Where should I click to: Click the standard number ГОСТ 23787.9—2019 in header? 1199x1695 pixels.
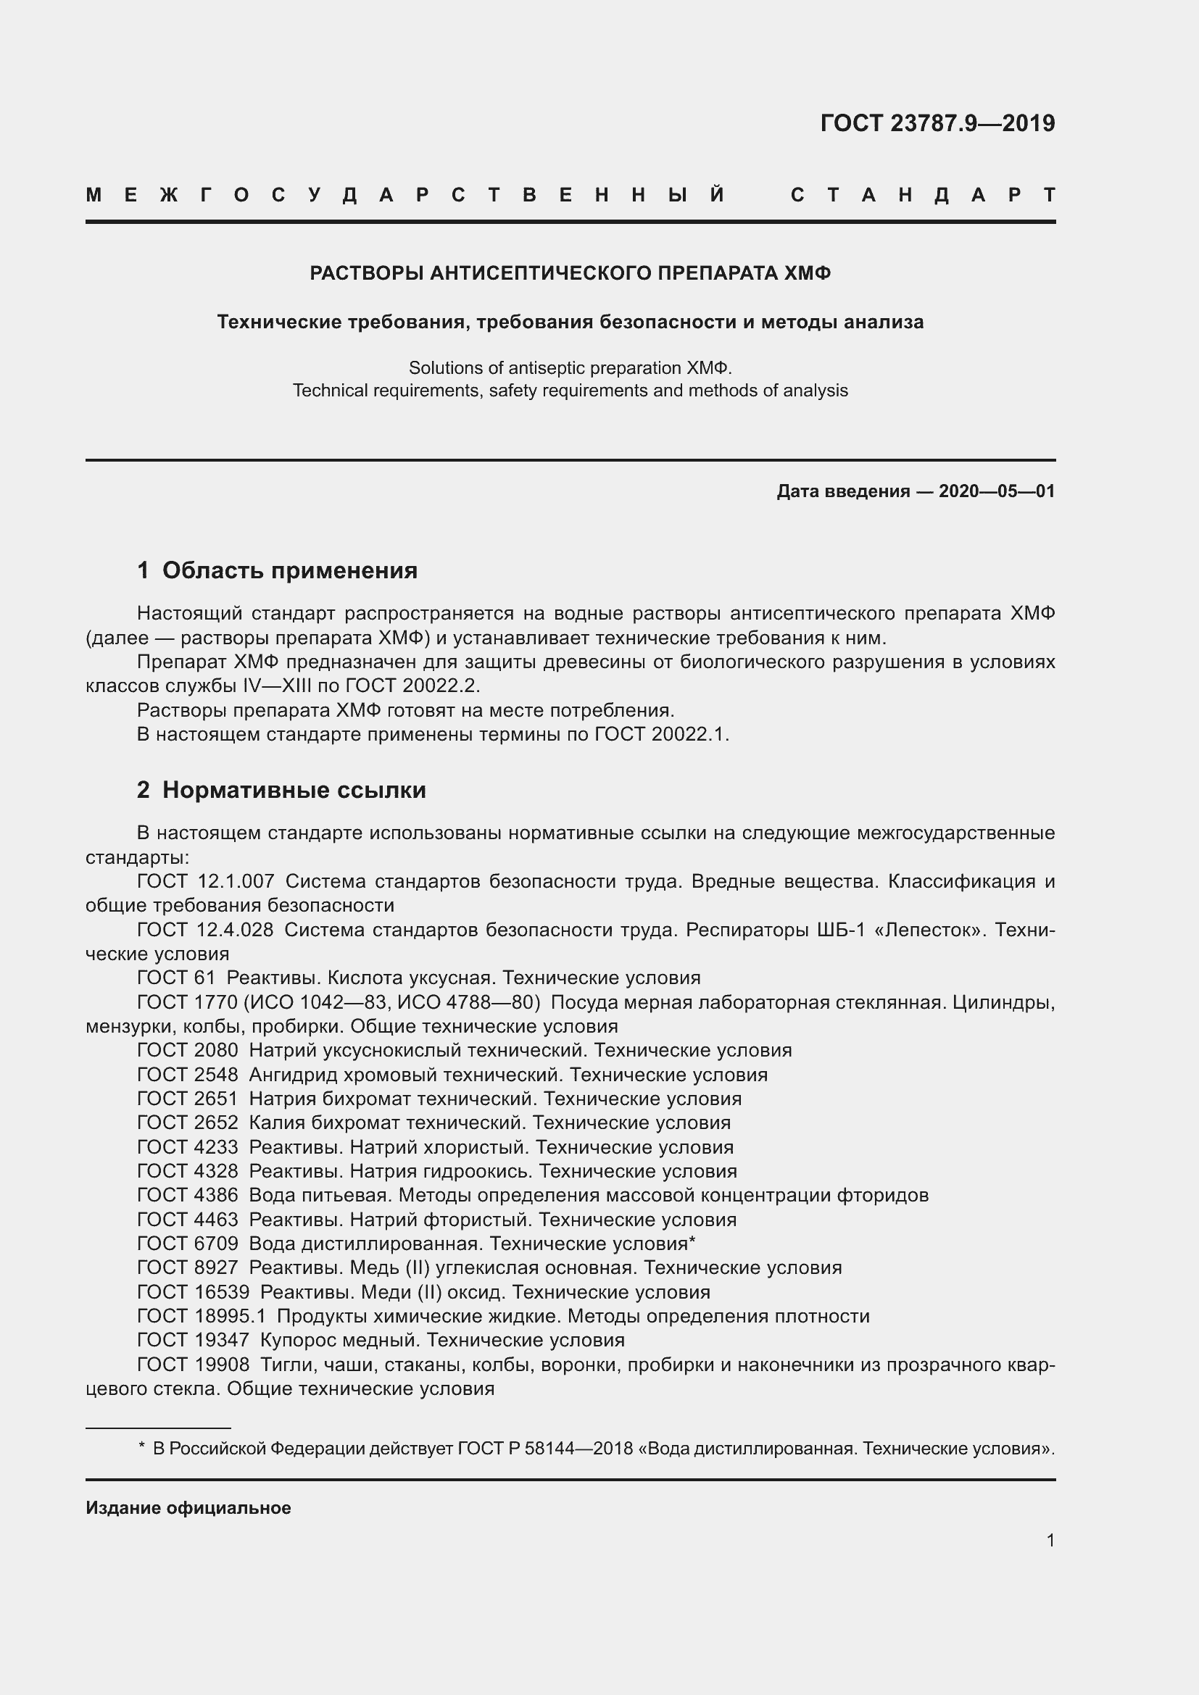937,123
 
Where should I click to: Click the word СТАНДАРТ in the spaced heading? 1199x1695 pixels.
922,196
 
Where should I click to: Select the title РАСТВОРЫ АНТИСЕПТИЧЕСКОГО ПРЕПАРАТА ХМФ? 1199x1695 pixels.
570,274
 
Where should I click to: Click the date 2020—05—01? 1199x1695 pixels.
997,491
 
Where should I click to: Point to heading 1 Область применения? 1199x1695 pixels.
278,570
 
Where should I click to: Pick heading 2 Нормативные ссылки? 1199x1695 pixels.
281,791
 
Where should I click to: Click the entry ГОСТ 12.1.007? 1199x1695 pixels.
205,881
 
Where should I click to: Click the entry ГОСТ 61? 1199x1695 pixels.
175,978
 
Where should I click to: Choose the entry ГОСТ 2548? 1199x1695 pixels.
188,1075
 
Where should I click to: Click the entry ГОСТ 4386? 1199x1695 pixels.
188,1195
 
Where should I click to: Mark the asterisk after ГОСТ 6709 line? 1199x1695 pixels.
692,1243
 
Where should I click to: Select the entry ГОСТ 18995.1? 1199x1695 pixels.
201,1316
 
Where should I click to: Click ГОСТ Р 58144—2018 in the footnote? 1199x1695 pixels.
545,1449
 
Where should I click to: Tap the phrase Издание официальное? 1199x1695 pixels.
188,1508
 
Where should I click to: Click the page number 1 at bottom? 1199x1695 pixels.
1050,1541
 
